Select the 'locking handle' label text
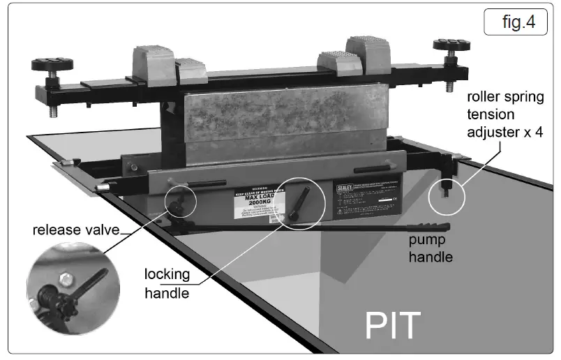[x=167, y=283]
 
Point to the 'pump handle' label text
[x=431, y=248]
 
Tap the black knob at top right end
[x=450, y=45]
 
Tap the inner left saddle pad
[x=191, y=71]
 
